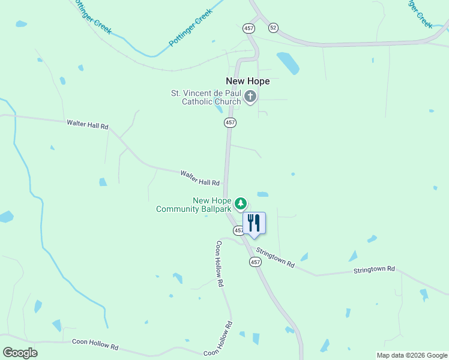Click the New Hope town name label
[x=247, y=81]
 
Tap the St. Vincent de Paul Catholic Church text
[x=206, y=97]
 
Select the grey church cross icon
[x=250, y=96]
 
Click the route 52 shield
[x=274, y=28]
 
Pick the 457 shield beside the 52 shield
[x=249, y=28]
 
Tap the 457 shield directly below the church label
[x=230, y=122]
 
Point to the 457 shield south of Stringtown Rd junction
[x=255, y=262]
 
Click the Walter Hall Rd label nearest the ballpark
[x=200, y=178]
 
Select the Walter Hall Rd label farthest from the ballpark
[x=88, y=125]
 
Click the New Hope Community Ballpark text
[x=194, y=205]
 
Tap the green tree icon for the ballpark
[x=241, y=204]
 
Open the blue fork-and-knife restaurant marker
[x=254, y=223]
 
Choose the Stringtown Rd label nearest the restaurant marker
[x=275, y=257]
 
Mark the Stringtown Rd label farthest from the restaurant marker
[x=374, y=269]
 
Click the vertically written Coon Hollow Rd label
[x=220, y=263]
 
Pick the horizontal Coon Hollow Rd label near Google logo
[x=95, y=344]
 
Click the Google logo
[x=20, y=353]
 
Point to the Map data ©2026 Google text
[x=411, y=355]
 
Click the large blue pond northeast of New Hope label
[x=288, y=63]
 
